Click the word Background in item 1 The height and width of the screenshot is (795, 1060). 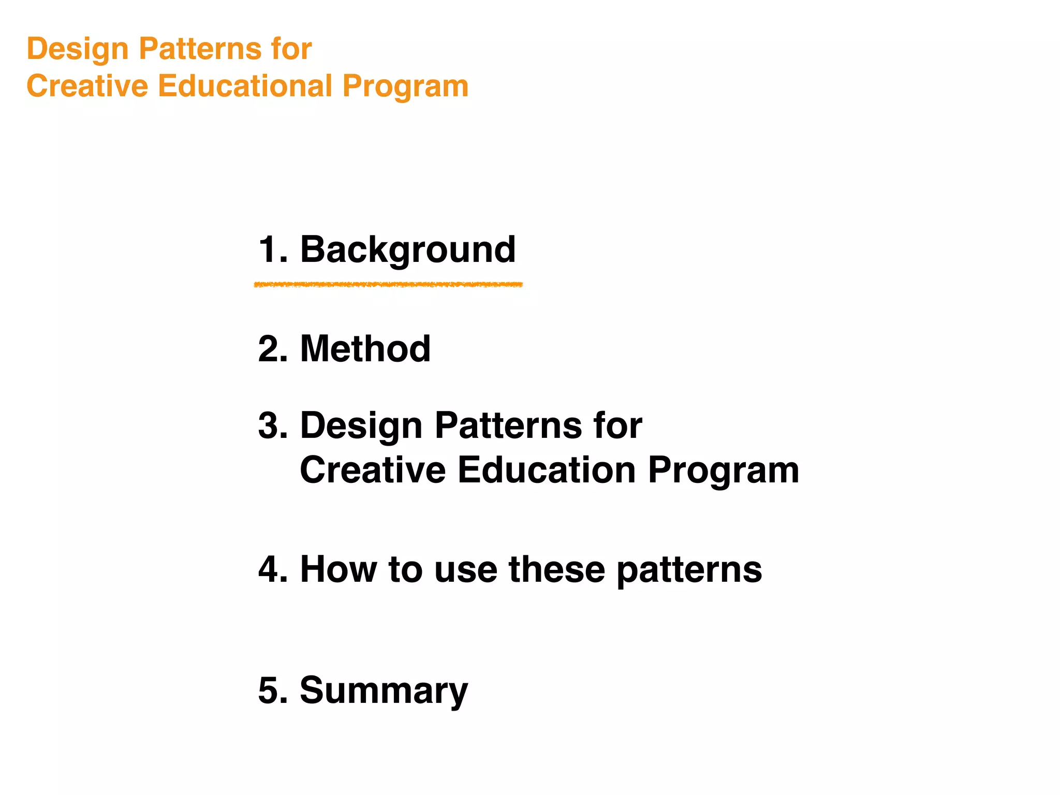[408, 250]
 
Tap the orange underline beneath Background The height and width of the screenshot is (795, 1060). [388, 285]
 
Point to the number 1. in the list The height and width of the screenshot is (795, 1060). [273, 250]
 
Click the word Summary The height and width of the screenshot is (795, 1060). [384, 690]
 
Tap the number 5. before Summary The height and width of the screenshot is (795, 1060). [273, 690]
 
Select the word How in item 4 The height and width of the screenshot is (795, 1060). [338, 569]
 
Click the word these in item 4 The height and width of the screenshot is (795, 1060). [557, 569]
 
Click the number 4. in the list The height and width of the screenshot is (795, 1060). [273, 569]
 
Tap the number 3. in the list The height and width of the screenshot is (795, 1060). [273, 425]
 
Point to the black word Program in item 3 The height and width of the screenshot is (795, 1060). [724, 471]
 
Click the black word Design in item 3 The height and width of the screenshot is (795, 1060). [361, 426]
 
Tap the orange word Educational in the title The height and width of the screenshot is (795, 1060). [245, 86]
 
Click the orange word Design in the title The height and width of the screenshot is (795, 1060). [78, 50]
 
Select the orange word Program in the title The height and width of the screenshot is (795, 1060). [405, 87]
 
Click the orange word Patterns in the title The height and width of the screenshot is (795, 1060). [200, 49]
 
